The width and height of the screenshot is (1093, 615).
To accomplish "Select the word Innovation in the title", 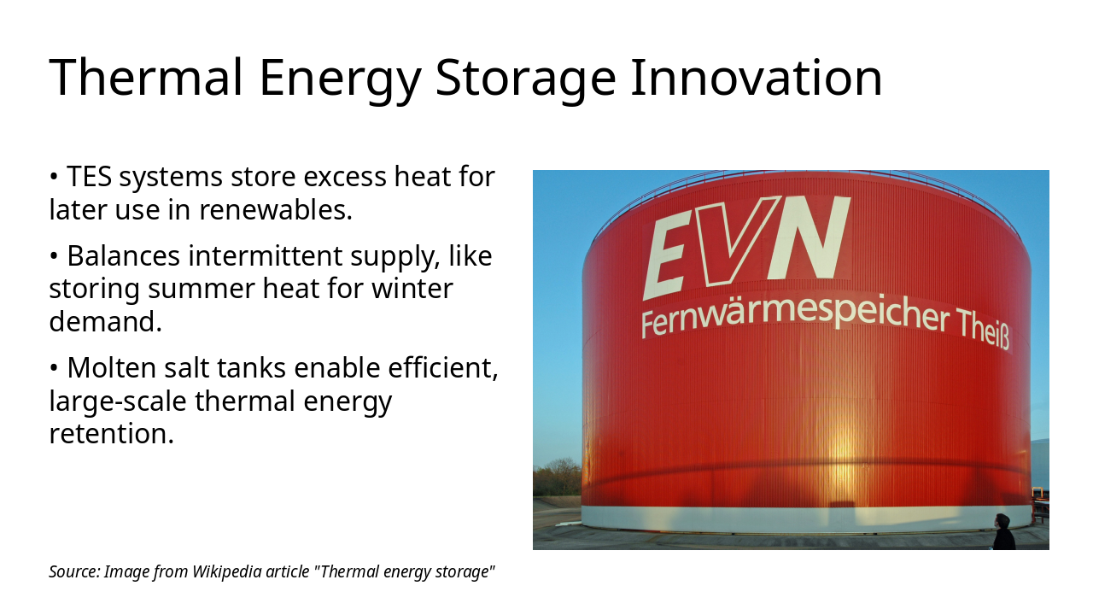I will coord(756,77).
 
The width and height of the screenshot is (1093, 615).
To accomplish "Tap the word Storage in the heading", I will coord(524,77).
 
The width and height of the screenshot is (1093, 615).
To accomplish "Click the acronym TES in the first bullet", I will coord(90,177).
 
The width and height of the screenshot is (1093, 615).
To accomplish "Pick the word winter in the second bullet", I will coord(412,289).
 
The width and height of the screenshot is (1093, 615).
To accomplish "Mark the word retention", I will coord(111,433).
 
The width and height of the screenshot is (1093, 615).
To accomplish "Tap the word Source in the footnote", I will coord(73,571).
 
